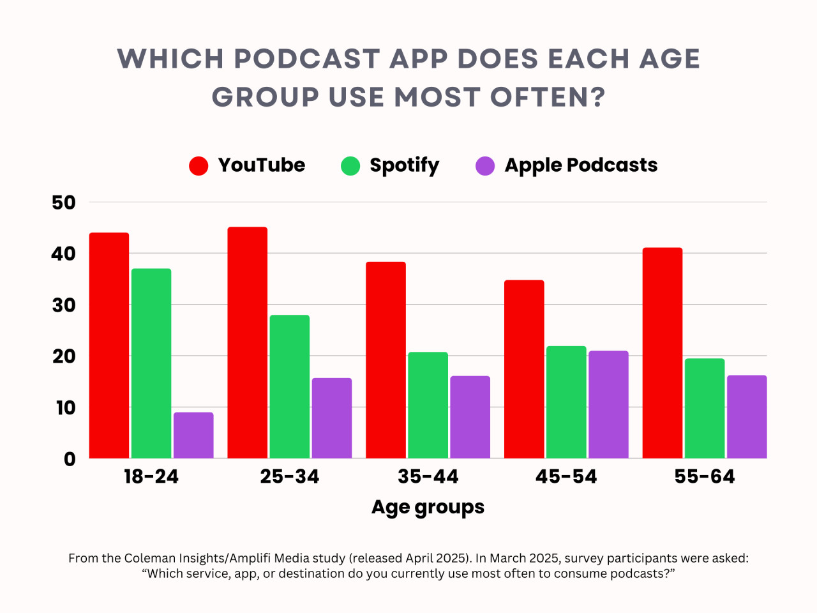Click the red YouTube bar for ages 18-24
[x=109, y=345]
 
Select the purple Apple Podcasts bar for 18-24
[x=193, y=435]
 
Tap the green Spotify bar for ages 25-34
[x=289, y=386]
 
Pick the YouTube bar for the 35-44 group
[x=386, y=360]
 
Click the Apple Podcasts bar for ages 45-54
[x=608, y=404]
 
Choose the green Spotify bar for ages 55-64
[x=705, y=409]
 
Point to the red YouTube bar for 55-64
[x=663, y=352]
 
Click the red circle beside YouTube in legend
[x=199, y=166]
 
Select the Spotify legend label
[x=404, y=165]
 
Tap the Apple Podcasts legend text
[x=581, y=165]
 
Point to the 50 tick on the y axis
[x=64, y=203]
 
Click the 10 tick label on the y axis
[x=65, y=407]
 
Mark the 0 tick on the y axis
[x=70, y=459]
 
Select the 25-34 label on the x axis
[x=289, y=476]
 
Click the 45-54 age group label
[x=566, y=476]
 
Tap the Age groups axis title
[x=428, y=507]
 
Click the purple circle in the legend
[x=485, y=166]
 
